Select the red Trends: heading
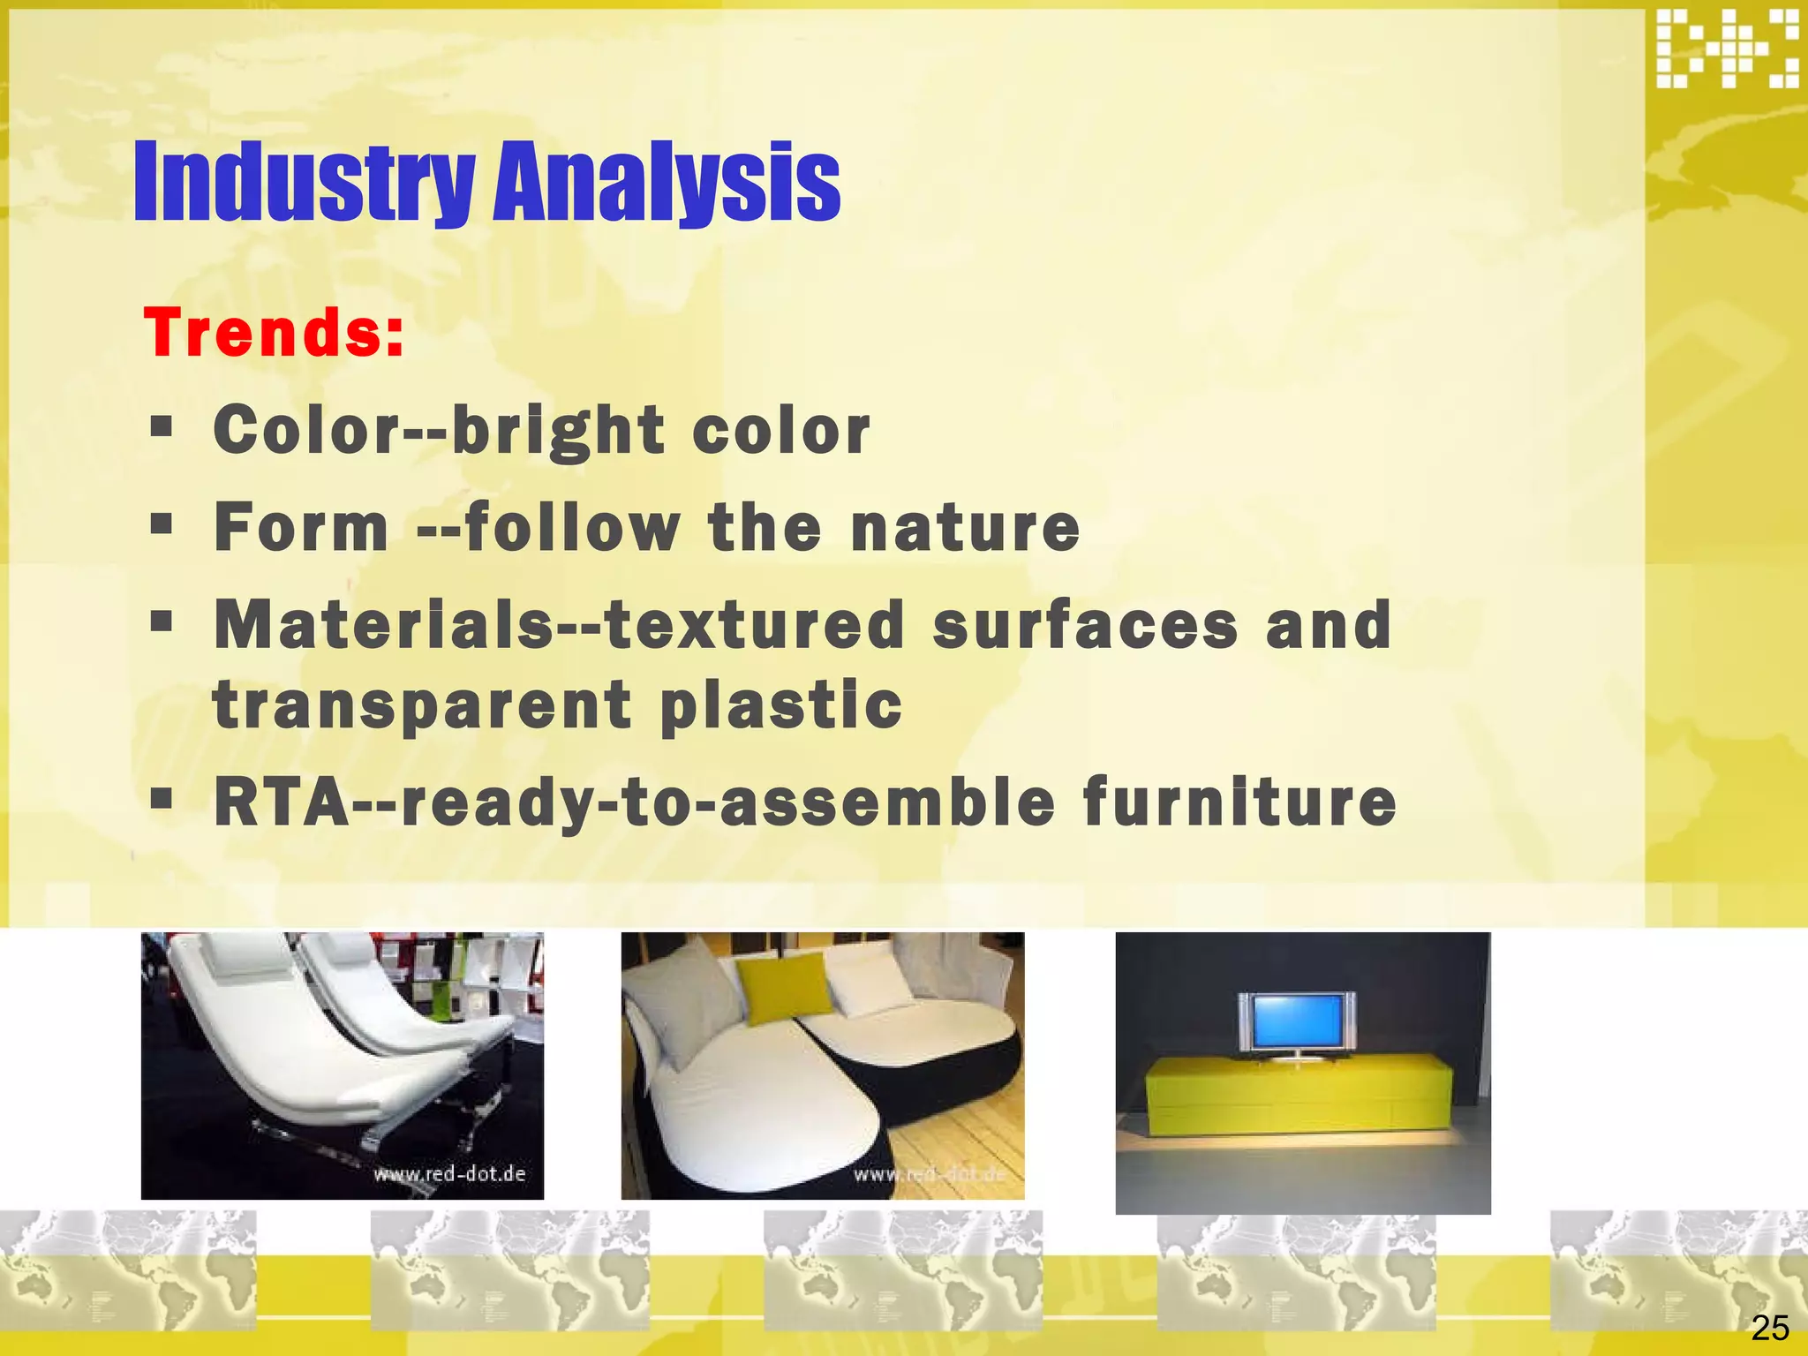[x=274, y=333]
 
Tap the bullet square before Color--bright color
[x=161, y=428]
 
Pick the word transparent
[x=422, y=705]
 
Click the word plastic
[x=781, y=705]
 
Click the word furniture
[x=1239, y=802]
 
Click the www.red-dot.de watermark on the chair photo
[x=449, y=1174]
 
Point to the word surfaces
[x=1085, y=624]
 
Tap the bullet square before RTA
[x=161, y=799]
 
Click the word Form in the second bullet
[x=301, y=527]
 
